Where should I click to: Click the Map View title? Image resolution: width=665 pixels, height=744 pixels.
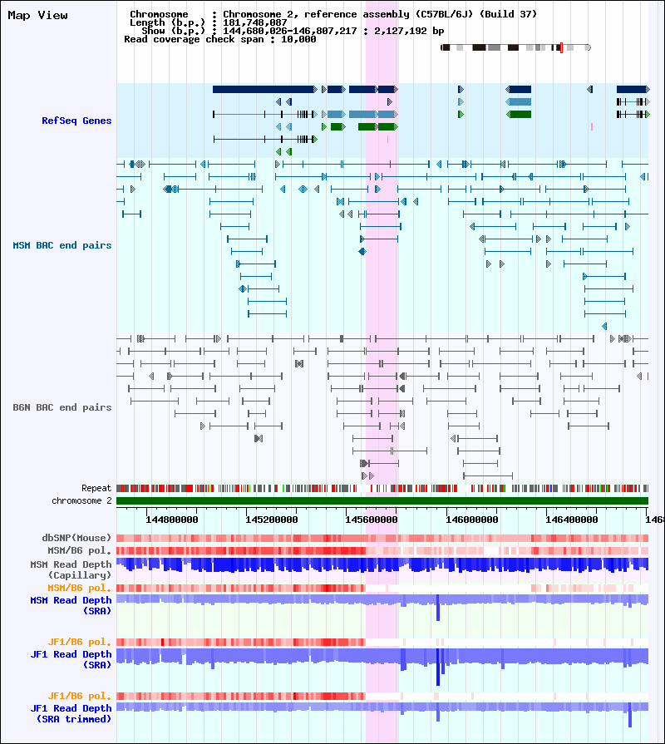[37, 15]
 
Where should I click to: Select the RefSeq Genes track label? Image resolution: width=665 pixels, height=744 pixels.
[76, 121]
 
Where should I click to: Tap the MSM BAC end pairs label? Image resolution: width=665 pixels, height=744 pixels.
[62, 245]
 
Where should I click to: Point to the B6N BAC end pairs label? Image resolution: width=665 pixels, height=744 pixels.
[62, 407]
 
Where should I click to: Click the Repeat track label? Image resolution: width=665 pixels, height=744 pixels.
[96, 488]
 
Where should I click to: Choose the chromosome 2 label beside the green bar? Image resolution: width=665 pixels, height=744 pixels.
[81, 500]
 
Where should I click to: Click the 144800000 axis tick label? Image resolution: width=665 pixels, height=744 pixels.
[172, 520]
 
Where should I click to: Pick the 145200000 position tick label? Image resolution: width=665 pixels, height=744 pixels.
[271, 520]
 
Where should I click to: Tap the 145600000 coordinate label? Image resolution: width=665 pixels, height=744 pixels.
[371, 520]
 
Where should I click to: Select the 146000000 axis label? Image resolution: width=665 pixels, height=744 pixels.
[472, 520]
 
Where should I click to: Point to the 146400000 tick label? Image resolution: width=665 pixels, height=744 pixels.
[572, 520]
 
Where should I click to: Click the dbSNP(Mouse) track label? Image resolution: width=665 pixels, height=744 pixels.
[76, 538]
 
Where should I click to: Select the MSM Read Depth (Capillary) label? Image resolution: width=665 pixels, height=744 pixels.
[71, 570]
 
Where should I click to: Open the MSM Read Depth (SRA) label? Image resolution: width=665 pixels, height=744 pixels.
[71, 605]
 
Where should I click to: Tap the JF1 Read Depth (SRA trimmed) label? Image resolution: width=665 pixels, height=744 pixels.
[71, 713]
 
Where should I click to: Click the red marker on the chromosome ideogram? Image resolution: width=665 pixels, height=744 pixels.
[562, 47]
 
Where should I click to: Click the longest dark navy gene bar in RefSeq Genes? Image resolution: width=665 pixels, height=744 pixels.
[264, 89]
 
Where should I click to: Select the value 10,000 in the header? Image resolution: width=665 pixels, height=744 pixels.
[298, 39]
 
